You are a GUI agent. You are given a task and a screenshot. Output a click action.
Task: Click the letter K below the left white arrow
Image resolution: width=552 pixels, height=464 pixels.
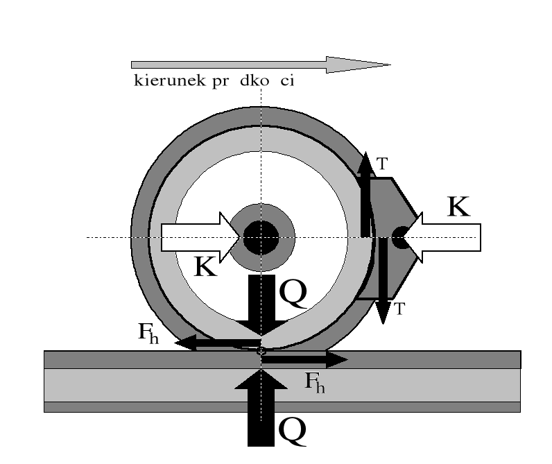205,267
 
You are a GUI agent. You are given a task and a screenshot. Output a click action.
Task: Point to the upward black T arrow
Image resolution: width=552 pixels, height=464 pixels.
365,194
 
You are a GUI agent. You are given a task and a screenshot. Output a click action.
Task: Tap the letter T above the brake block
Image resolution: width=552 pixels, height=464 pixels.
382,164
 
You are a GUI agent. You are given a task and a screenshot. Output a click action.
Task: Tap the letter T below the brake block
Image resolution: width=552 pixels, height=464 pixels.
399,309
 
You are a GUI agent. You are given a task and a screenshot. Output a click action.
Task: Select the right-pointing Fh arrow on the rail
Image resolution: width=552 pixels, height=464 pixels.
305,359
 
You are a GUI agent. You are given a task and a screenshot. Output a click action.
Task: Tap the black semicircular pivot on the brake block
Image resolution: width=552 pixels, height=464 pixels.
398,237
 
